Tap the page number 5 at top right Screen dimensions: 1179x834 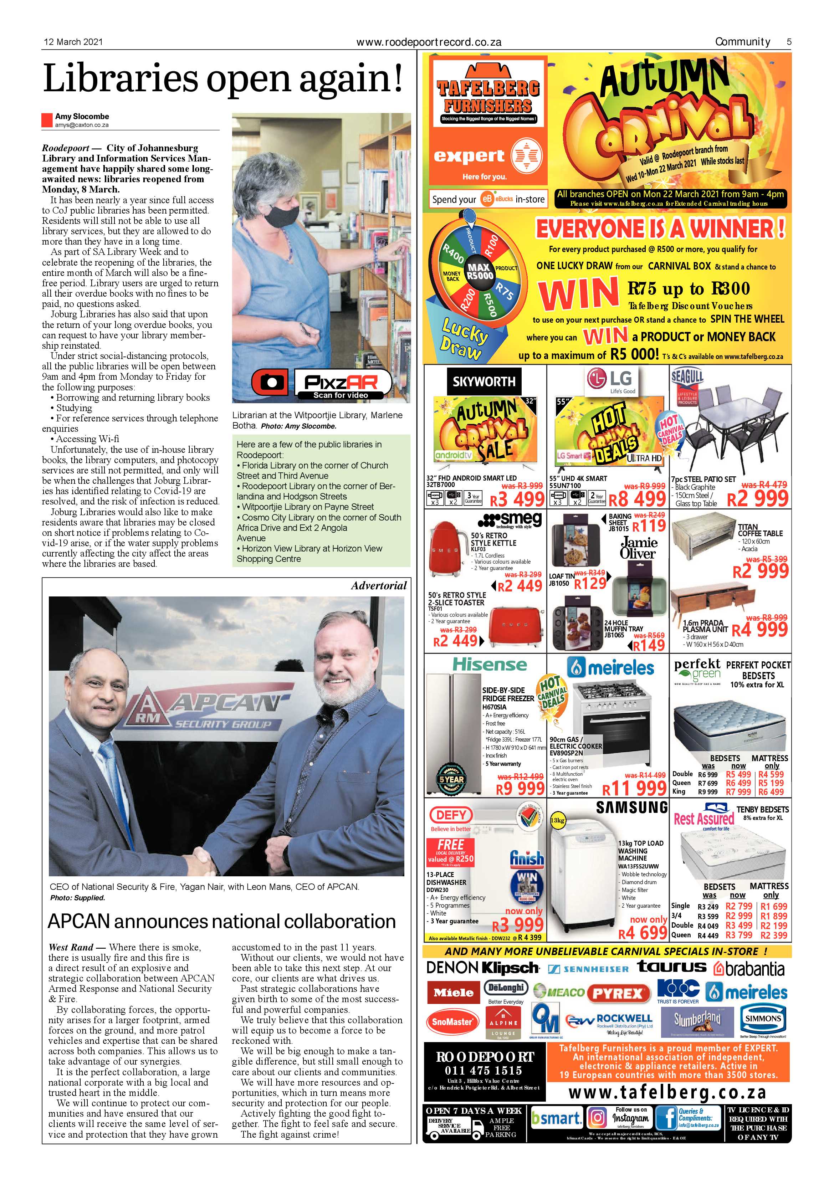789,42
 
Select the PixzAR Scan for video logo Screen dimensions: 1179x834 322,384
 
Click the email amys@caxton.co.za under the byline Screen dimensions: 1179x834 82,125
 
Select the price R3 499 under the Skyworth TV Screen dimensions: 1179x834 517,499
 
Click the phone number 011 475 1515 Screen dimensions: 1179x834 483,1071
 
